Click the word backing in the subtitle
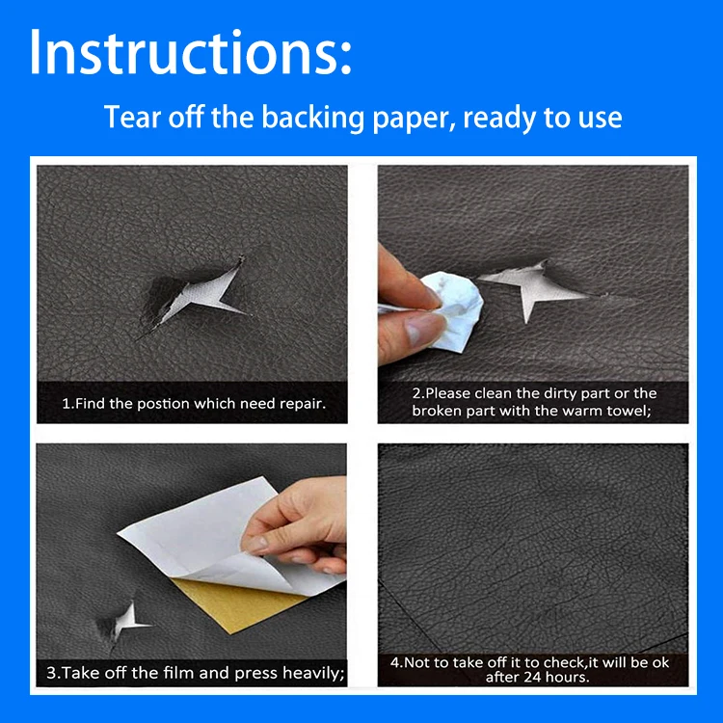pyautogui.click(x=313, y=118)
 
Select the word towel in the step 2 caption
pyautogui.click(x=629, y=411)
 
